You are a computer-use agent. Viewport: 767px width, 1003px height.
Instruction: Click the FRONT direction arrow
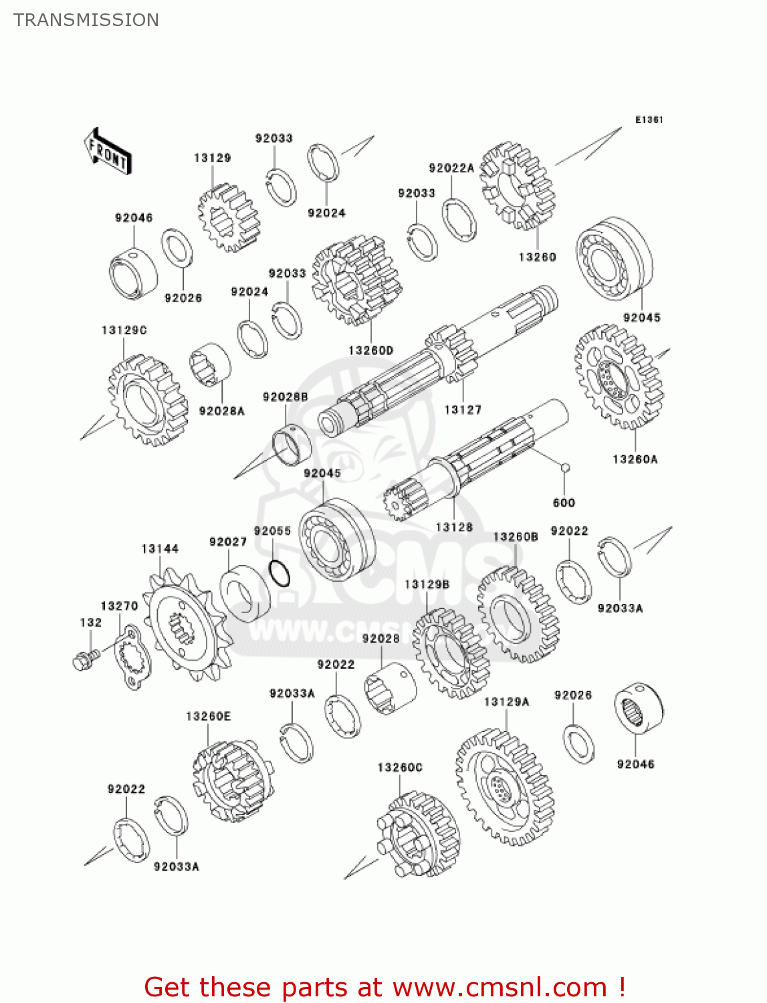point(108,152)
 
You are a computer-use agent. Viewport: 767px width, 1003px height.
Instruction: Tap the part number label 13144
point(160,549)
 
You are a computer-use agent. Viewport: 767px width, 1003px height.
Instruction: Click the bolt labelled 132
point(84,660)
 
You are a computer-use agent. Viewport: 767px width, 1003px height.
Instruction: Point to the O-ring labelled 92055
point(280,574)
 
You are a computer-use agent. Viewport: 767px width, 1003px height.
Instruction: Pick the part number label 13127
point(463,410)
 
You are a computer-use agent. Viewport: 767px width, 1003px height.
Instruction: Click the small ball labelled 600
point(565,467)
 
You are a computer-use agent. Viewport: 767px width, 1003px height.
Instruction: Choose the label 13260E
point(208,716)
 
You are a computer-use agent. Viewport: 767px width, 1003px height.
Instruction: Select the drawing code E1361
point(649,120)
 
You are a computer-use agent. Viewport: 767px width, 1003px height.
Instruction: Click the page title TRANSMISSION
point(86,20)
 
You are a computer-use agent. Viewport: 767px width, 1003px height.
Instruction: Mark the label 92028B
point(286,397)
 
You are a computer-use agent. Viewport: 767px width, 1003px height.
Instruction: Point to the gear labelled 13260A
point(618,377)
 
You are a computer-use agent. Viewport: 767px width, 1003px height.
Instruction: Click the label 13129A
point(506,701)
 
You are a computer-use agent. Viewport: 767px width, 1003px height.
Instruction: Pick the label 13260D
point(371,350)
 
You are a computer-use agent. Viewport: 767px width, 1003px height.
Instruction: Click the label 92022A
point(451,169)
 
